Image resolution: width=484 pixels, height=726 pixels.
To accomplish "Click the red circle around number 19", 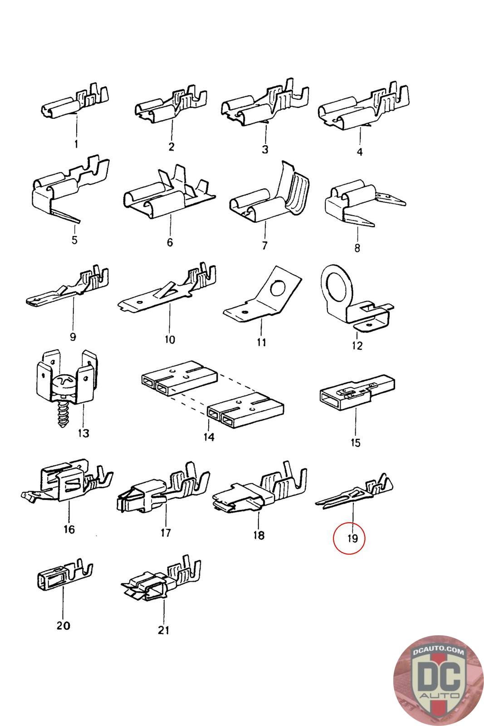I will point(348,539).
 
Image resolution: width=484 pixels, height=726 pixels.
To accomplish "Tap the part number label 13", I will point(83,433).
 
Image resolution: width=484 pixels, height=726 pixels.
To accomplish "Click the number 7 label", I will point(264,245).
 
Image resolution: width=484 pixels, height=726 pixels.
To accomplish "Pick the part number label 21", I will point(163,630).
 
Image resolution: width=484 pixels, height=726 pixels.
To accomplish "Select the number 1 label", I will point(76,144).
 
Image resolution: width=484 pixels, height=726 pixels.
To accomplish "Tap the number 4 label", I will point(359,152).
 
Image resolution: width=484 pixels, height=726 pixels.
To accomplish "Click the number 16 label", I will point(69,529).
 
